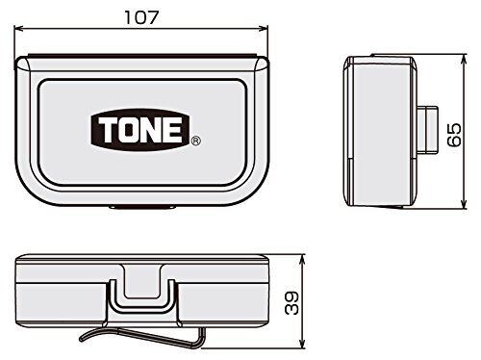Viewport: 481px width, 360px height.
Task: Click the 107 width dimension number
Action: pos(141,17)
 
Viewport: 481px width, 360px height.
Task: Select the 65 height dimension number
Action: pos(455,135)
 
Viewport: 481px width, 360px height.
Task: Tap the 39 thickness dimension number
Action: pos(292,303)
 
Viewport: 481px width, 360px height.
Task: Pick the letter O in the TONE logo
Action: pos(127,130)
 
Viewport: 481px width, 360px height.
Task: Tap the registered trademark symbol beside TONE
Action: pos(195,141)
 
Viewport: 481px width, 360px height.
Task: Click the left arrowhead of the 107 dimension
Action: pos(18,29)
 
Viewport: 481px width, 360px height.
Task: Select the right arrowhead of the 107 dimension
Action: pos(264,29)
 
